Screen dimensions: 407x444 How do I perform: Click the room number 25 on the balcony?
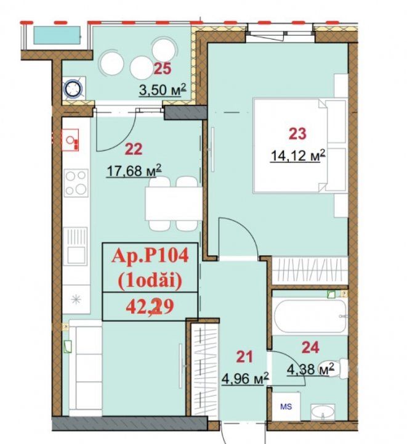(163, 68)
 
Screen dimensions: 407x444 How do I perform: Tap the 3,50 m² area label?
(163, 90)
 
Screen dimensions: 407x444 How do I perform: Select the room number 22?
(134, 149)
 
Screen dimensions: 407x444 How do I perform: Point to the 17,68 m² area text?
(134, 170)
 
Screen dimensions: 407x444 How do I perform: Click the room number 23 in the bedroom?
(297, 134)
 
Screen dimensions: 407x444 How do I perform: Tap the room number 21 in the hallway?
(244, 357)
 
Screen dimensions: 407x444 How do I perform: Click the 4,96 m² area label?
(245, 378)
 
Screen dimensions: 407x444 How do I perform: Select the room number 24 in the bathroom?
(310, 347)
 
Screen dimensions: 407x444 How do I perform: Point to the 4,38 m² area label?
(310, 369)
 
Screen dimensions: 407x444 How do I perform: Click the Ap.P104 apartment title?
(150, 257)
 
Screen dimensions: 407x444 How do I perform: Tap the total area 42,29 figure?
(150, 307)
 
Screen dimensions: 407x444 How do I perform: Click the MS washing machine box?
(286, 406)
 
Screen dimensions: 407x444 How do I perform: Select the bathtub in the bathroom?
(310, 316)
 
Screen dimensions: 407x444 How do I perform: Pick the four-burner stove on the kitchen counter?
(76, 183)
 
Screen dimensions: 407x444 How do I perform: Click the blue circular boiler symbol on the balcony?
(74, 89)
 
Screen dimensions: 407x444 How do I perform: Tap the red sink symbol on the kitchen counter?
(71, 140)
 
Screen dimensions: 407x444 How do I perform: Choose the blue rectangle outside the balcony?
(57, 35)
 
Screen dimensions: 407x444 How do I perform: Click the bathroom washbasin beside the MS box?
(323, 413)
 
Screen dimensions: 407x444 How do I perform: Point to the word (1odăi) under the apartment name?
(150, 281)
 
